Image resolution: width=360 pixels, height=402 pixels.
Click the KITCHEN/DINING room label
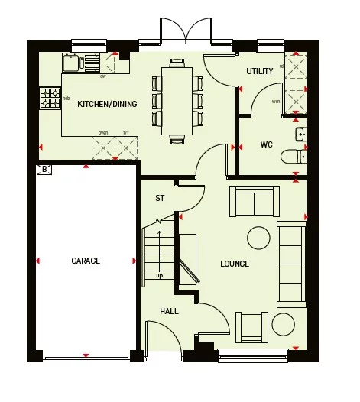point(107,104)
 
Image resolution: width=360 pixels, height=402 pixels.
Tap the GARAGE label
point(86,261)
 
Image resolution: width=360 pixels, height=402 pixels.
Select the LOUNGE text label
point(235,264)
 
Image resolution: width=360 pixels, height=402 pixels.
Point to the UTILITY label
point(259,71)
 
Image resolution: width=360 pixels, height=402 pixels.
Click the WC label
point(266,144)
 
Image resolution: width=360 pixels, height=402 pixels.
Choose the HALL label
point(169,311)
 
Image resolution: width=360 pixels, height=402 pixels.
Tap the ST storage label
point(160,198)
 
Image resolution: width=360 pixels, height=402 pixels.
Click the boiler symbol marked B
point(44,169)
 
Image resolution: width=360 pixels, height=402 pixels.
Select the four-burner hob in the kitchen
point(50,98)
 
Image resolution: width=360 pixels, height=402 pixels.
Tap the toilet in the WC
point(292,157)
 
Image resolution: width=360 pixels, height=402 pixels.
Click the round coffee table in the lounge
point(258,238)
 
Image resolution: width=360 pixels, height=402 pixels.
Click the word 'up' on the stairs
point(159,276)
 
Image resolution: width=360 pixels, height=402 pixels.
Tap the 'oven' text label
point(102,133)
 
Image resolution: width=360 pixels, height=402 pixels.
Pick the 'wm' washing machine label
point(275,101)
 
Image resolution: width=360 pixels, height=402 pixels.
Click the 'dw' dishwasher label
point(102,76)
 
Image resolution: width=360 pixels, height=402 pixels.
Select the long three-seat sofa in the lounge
point(291,263)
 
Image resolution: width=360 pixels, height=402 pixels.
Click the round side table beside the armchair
point(284,324)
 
